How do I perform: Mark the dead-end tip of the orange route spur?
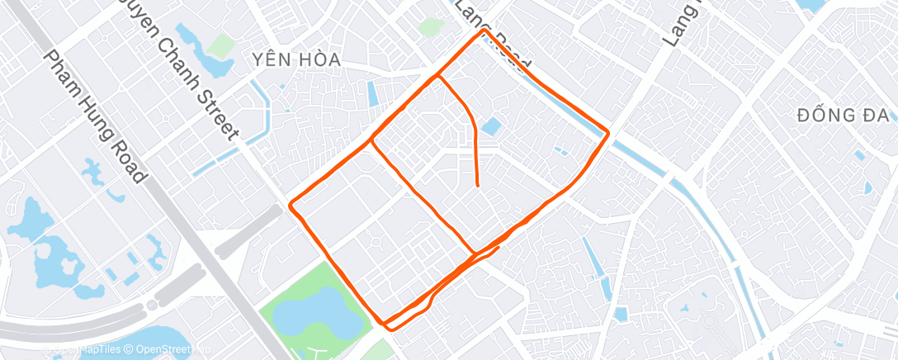coord(480,187)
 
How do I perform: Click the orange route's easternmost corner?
coord(608,132)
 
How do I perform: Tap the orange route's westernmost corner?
coord(289,204)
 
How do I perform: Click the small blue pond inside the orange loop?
coord(491,126)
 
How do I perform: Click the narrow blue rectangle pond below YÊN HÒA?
coord(372,93)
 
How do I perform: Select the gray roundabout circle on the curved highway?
coord(154,305)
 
